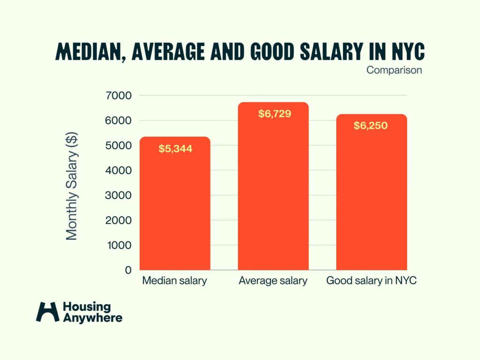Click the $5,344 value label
[175, 149]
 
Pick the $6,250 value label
[371, 126]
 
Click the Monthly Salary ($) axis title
[72, 186]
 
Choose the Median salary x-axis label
[175, 281]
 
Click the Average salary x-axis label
[273, 281]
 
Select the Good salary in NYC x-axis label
[372, 281]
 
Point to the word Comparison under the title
[394, 71]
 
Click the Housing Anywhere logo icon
[48, 312]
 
